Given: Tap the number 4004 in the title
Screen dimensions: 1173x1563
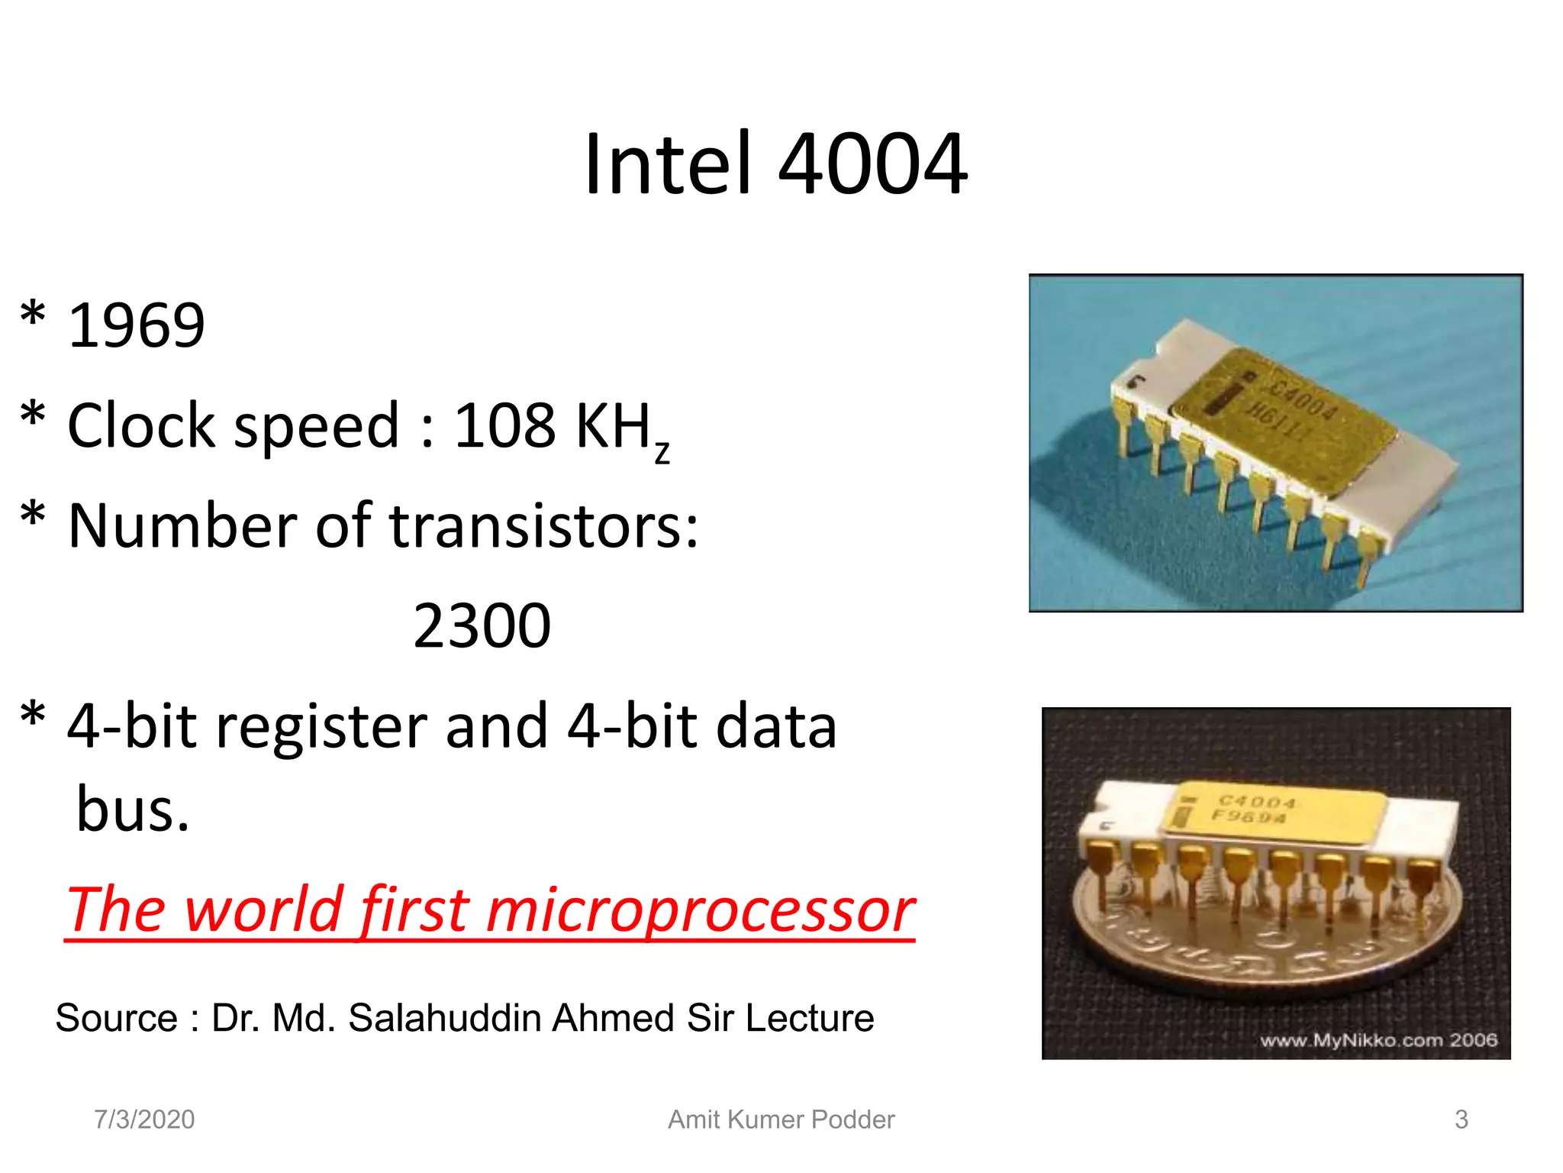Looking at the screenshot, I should pyautogui.click(x=872, y=164).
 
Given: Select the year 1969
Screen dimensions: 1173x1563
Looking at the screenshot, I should pyautogui.click(x=137, y=325).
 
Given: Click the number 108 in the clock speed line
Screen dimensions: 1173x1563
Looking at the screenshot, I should pyautogui.click(x=504, y=425).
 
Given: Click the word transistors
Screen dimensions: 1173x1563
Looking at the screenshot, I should pyautogui.click(x=543, y=526).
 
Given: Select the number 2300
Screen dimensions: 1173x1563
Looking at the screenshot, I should pyautogui.click(x=482, y=626).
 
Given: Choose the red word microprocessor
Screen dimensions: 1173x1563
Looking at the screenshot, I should pyautogui.click(x=700, y=910).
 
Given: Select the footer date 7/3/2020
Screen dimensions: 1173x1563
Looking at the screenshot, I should pyautogui.click(x=144, y=1120).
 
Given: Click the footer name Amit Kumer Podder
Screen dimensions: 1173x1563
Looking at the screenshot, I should pyautogui.click(x=781, y=1120).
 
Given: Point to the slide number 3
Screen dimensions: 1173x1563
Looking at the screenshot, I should pyautogui.click(x=1461, y=1120).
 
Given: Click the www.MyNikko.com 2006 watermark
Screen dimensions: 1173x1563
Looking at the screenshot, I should pyautogui.click(x=1378, y=1040).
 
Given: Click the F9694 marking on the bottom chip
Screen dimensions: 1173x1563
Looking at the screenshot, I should pyautogui.click(x=1249, y=817).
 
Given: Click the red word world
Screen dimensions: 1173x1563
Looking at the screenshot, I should pyautogui.click(x=261, y=910).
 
